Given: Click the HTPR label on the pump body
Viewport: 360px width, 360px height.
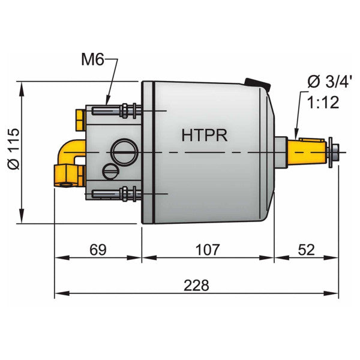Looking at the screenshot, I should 204,135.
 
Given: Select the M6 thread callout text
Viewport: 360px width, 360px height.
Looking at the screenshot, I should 94,60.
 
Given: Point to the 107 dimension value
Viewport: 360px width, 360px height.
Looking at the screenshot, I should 208,249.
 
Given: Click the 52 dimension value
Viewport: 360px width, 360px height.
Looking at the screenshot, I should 306,249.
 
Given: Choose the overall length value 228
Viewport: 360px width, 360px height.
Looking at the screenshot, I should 196,285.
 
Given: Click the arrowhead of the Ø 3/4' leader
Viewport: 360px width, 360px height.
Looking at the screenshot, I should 296,134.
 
